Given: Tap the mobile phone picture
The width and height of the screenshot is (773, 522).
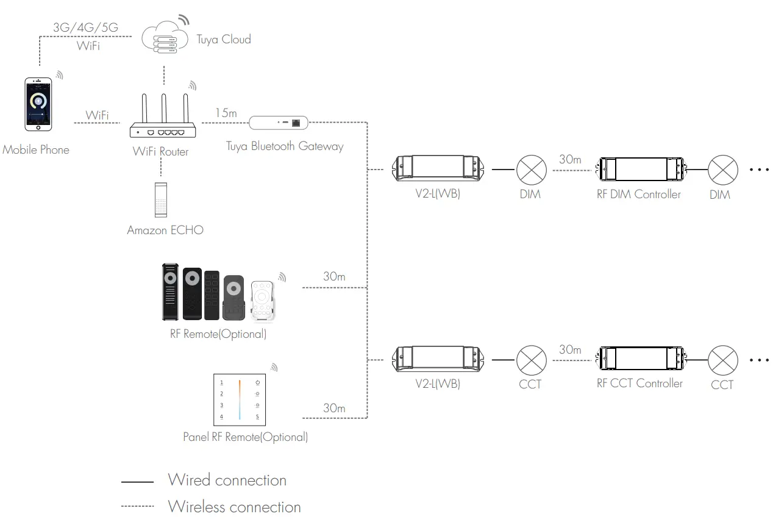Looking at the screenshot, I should tap(38, 104).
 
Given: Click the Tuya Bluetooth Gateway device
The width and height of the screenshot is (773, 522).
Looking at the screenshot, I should tap(278, 123).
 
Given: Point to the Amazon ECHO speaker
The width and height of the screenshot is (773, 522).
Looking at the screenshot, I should tap(160, 199).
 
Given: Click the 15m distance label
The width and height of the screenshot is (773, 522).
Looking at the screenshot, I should tap(226, 113).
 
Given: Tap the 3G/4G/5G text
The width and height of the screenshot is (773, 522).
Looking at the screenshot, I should tap(85, 29).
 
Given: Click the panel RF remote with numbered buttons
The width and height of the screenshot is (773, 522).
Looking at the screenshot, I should tap(240, 399).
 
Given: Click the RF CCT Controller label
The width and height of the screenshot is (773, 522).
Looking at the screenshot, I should tap(639, 384).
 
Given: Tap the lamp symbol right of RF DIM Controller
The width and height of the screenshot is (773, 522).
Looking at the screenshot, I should tap(722, 170).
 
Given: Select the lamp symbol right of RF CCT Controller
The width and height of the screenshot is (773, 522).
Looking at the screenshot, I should tap(722, 360).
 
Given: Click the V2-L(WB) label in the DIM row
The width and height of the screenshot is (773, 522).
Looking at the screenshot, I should tap(437, 195).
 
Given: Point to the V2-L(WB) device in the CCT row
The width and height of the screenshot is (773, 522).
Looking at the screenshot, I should tap(437, 360).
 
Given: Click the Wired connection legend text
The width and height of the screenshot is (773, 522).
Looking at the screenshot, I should tap(227, 481).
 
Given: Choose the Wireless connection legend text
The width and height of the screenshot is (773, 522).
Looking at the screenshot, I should tap(234, 507).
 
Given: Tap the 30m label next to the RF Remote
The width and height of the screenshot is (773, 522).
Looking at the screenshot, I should tap(334, 276).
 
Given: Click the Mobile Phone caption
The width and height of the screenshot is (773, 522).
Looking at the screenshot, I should tap(36, 150).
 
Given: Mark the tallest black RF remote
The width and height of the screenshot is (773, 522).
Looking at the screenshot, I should tap(169, 291).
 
